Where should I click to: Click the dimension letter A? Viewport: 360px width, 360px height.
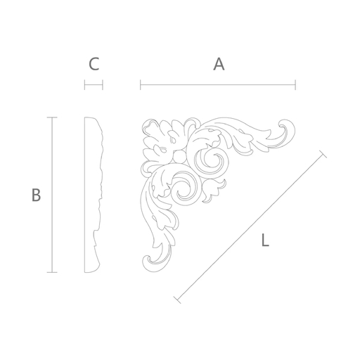(219, 64)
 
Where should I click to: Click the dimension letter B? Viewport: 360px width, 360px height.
(36, 195)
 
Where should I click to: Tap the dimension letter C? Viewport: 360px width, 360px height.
(94, 64)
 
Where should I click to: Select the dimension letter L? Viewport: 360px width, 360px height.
(265, 240)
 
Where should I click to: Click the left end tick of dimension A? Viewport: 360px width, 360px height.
(141, 85)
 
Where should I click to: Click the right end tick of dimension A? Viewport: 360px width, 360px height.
(295, 85)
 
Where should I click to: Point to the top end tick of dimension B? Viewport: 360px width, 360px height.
(52, 117)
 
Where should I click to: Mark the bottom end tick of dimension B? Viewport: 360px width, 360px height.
(52, 272)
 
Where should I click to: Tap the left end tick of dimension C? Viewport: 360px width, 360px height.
(84, 85)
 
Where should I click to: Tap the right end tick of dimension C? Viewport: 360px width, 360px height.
(103, 85)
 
